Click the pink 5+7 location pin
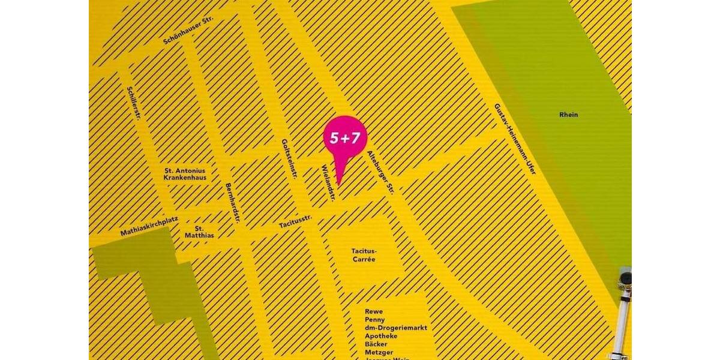tap(342, 138)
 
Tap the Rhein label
tap(568, 115)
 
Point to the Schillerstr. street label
tap(133, 103)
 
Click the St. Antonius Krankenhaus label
tap(185, 174)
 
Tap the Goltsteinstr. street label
tap(290, 159)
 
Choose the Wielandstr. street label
tap(328, 182)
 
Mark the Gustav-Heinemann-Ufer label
tap(514, 139)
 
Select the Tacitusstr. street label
tap(295, 223)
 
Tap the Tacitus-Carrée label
tap(363, 255)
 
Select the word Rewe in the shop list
tap(373, 311)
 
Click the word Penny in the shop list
tap(374, 320)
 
